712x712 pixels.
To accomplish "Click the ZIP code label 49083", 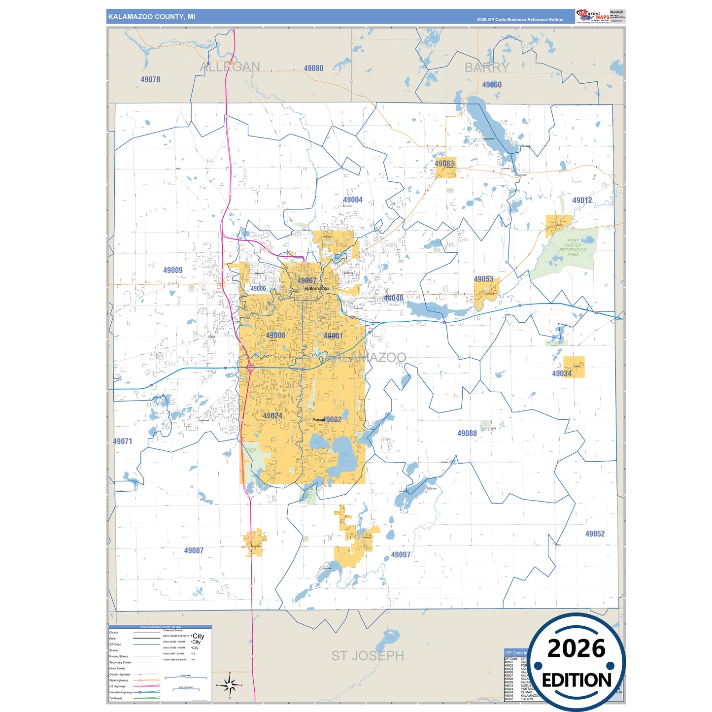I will click(x=444, y=164).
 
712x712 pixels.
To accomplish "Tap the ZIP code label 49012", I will click(x=582, y=200).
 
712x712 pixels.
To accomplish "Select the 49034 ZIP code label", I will click(x=562, y=373).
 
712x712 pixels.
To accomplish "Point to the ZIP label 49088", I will click(x=467, y=434).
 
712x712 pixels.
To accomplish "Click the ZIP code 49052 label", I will click(x=595, y=534).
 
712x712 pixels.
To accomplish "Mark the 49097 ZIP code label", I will click(x=401, y=555).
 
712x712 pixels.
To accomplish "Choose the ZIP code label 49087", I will click(x=194, y=550).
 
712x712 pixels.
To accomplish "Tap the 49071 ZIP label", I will click(x=123, y=441).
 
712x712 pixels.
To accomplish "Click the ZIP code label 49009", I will click(x=173, y=270).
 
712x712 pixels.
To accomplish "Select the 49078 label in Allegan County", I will click(x=150, y=79).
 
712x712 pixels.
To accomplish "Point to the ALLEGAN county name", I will click(x=230, y=67).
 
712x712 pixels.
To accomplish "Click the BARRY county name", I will click(x=487, y=68).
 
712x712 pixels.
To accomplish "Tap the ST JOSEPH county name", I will click(x=367, y=656).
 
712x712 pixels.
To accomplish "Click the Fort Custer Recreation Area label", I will click(x=573, y=247).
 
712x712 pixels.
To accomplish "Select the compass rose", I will click(x=230, y=685).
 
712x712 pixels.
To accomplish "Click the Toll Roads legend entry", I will click(x=116, y=698).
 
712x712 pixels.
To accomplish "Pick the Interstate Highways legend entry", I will click(x=121, y=692).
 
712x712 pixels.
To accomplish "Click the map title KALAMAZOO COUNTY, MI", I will click(x=152, y=17).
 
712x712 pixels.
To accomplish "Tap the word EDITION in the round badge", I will click(x=576, y=680).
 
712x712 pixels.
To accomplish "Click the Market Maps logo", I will click(x=592, y=16).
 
